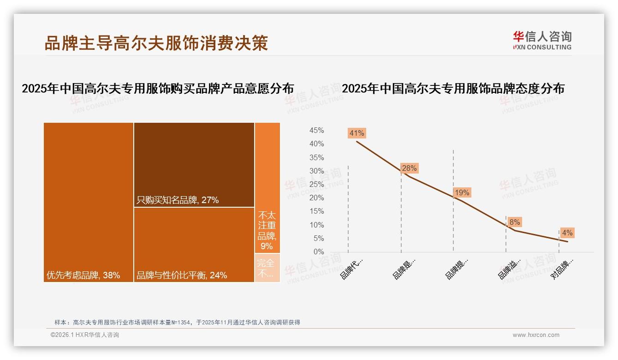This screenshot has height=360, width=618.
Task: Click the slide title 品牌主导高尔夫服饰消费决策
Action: [156, 43]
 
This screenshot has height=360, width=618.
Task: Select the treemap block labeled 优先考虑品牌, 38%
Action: [89, 202]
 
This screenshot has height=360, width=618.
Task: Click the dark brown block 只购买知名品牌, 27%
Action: [194, 164]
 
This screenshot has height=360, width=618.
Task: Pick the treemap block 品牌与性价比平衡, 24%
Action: [194, 245]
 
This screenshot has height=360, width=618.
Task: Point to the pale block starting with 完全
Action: [267, 268]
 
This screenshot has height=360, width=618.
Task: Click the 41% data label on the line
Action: [357, 133]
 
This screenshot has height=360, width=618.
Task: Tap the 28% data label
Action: [409, 168]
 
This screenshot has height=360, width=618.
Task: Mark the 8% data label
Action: [515, 222]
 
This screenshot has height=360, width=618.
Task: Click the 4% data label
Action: [567, 233]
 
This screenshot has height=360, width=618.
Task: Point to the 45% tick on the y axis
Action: [316, 131]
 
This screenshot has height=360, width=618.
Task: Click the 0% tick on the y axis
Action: [319, 252]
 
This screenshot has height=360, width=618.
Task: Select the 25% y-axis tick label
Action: [316, 185]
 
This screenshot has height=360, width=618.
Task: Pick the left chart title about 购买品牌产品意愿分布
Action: [158, 89]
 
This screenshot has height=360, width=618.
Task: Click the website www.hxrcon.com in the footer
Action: [536, 335]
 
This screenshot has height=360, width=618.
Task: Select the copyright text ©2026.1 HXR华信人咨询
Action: [85, 335]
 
